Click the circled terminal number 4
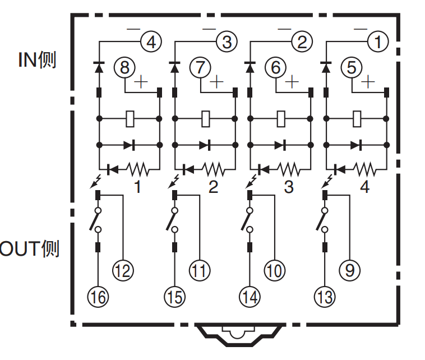point(150,41)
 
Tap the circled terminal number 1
point(377,41)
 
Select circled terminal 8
point(124,68)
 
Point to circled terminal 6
point(275,68)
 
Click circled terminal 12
point(123,271)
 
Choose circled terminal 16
point(99,297)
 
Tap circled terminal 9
point(350,271)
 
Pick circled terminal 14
point(250,297)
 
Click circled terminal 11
point(198,271)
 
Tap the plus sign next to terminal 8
point(140,82)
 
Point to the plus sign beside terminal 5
point(367,82)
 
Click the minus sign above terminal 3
point(209,28)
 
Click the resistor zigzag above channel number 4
point(366,168)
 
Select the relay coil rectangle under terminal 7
point(206,119)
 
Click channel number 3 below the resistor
point(289,187)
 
